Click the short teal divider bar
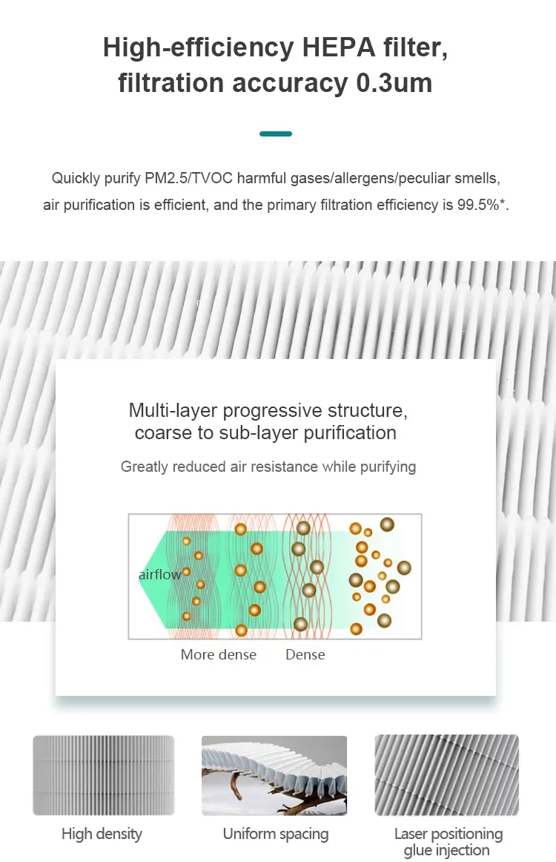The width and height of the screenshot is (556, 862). point(276,134)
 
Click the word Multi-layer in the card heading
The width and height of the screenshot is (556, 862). point(173,410)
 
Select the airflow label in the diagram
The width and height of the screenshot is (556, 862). point(159,575)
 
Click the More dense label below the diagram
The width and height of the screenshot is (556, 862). point(219,654)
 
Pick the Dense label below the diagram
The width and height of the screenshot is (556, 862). point(305,654)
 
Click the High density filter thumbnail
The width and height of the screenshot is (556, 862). point(103,775)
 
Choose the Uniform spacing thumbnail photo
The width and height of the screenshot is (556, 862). point(274,775)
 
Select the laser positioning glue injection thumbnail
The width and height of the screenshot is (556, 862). point(446,775)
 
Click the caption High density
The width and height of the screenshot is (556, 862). point(102,834)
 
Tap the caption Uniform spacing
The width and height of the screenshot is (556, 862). point(276,834)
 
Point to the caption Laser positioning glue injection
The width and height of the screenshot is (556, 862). point(448,842)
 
